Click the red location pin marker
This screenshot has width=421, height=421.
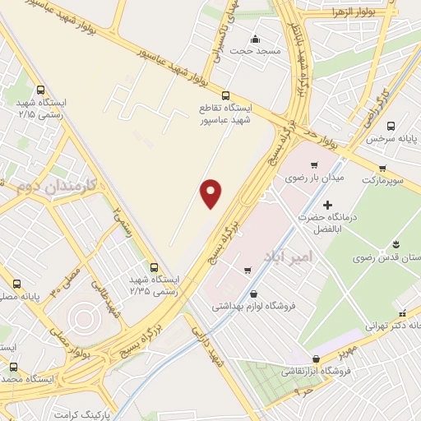pyautogui.click(x=212, y=194)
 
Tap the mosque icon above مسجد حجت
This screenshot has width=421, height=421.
pyautogui.click(x=255, y=39)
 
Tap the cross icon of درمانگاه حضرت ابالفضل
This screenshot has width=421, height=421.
pyautogui.click(x=328, y=204)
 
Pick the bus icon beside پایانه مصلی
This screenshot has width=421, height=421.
pyautogui.click(x=16, y=284)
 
